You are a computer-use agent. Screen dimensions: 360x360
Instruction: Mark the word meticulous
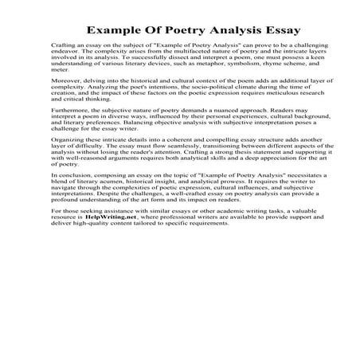pyautogui.click(x=262, y=116)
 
